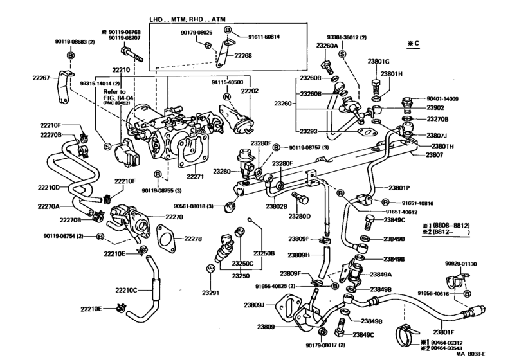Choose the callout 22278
pyautogui.click(x=193, y=239)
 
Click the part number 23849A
pyautogui.click(x=381, y=274)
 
